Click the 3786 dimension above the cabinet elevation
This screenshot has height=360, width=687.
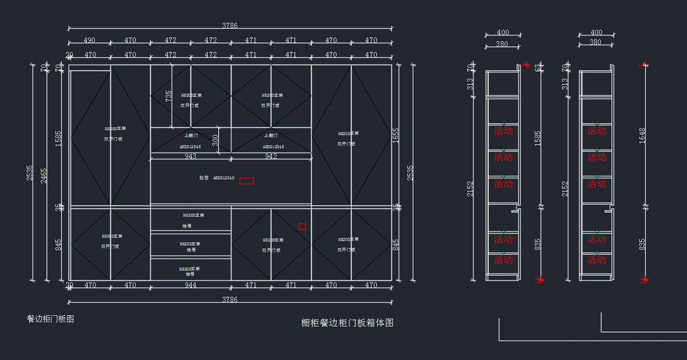point(230,25)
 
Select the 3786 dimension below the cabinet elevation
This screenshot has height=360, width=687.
point(230,299)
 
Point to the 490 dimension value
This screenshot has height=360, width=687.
point(89,41)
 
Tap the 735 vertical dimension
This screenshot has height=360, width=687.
point(169,96)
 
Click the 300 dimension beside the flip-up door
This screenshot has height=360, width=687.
point(215,140)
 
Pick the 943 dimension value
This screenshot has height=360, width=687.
point(191,157)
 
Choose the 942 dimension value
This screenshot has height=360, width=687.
point(271,157)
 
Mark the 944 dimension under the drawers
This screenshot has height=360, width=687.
point(191,285)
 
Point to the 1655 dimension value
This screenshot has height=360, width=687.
point(396,135)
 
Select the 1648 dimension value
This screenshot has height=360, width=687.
point(642,135)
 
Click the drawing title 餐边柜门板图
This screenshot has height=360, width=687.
point(50,319)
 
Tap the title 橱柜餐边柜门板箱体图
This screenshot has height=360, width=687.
point(348,323)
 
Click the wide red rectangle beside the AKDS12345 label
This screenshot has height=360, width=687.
point(247,181)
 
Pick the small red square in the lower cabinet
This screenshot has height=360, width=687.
point(302,227)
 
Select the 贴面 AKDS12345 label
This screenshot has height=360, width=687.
point(217,178)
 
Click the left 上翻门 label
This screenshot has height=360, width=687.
point(191,136)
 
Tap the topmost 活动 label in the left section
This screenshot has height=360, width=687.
point(503,131)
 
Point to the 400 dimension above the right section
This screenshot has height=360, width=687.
point(596,33)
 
